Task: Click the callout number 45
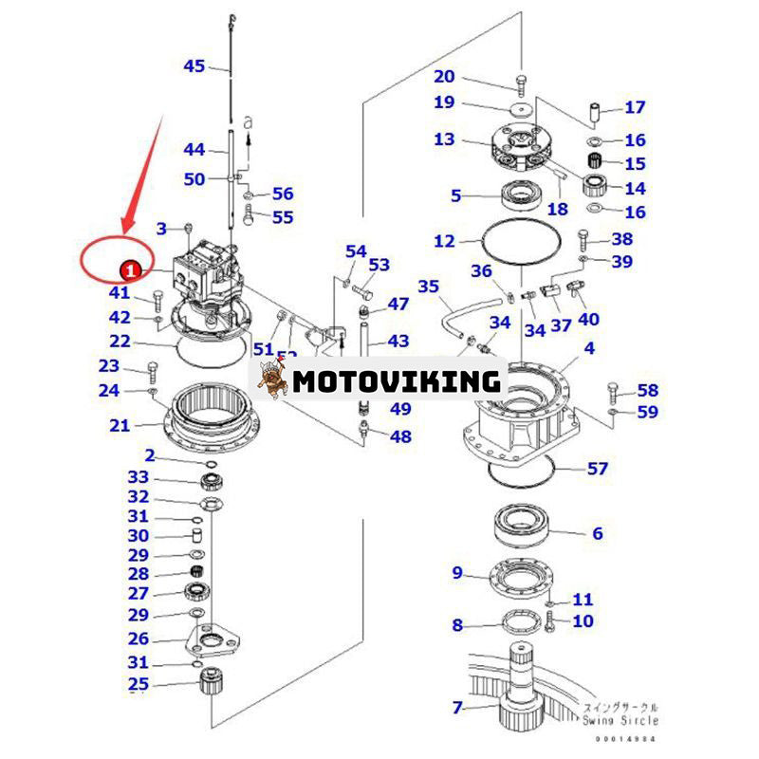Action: click(x=194, y=65)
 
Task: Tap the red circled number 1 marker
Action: click(x=132, y=270)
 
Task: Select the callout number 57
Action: click(x=597, y=468)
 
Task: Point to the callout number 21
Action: click(x=119, y=426)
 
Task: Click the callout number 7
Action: click(x=456, y=707)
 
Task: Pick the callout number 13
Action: click(x=444, y=139)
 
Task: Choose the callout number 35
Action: click(x=429, y=286)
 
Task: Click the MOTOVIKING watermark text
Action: click(x=397, y=381)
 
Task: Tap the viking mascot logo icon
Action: click(x=273, y=379)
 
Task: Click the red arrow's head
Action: click(x=124, y=228)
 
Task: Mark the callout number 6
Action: click(x=597, y=534)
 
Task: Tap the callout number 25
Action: click(x=139, y=684)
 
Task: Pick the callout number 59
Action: click(x=647, y=412)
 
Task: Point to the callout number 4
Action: click(x=589, y=349)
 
